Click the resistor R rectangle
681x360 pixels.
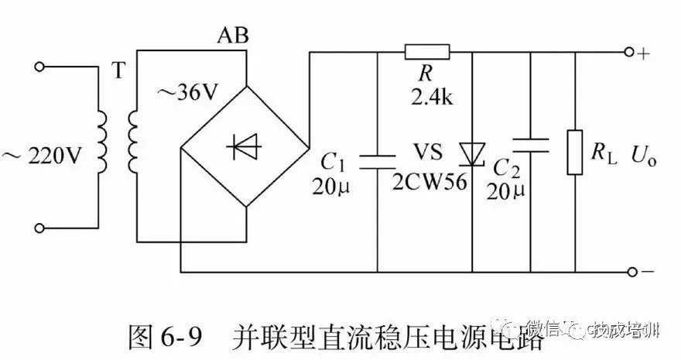point(427,53)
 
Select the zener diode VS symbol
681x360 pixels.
point(471,153)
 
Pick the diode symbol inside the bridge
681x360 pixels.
point(245,147)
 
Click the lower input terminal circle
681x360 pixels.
point(42,228)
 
